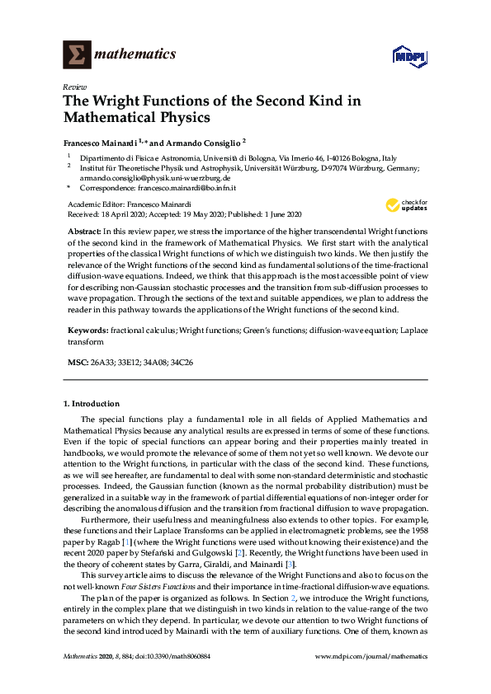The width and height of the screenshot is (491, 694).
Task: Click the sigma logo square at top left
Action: tap(77, 55)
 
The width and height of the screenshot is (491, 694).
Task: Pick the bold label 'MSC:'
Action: tap(78, 363)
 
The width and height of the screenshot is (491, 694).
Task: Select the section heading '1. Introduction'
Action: tap(92, 404)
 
